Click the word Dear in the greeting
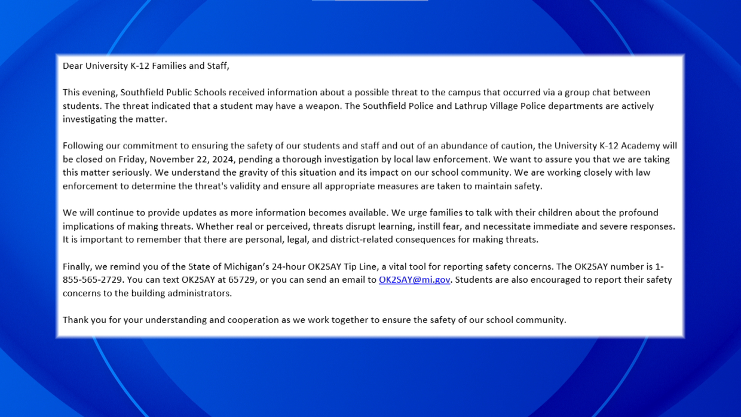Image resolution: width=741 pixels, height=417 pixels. [x=72, y=66]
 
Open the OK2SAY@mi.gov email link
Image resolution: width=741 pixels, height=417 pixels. [x=414, y=280]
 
